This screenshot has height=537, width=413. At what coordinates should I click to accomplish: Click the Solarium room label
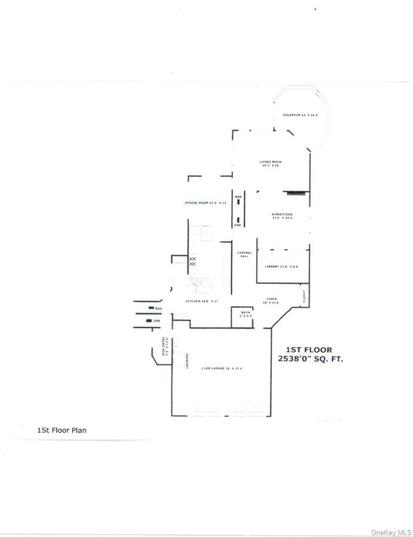(300, 115)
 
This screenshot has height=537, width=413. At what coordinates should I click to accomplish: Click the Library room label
(281, 266)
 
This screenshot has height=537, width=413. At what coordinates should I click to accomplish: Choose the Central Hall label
(244, 254)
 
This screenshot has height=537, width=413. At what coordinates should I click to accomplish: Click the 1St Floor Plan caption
(61, 431)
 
